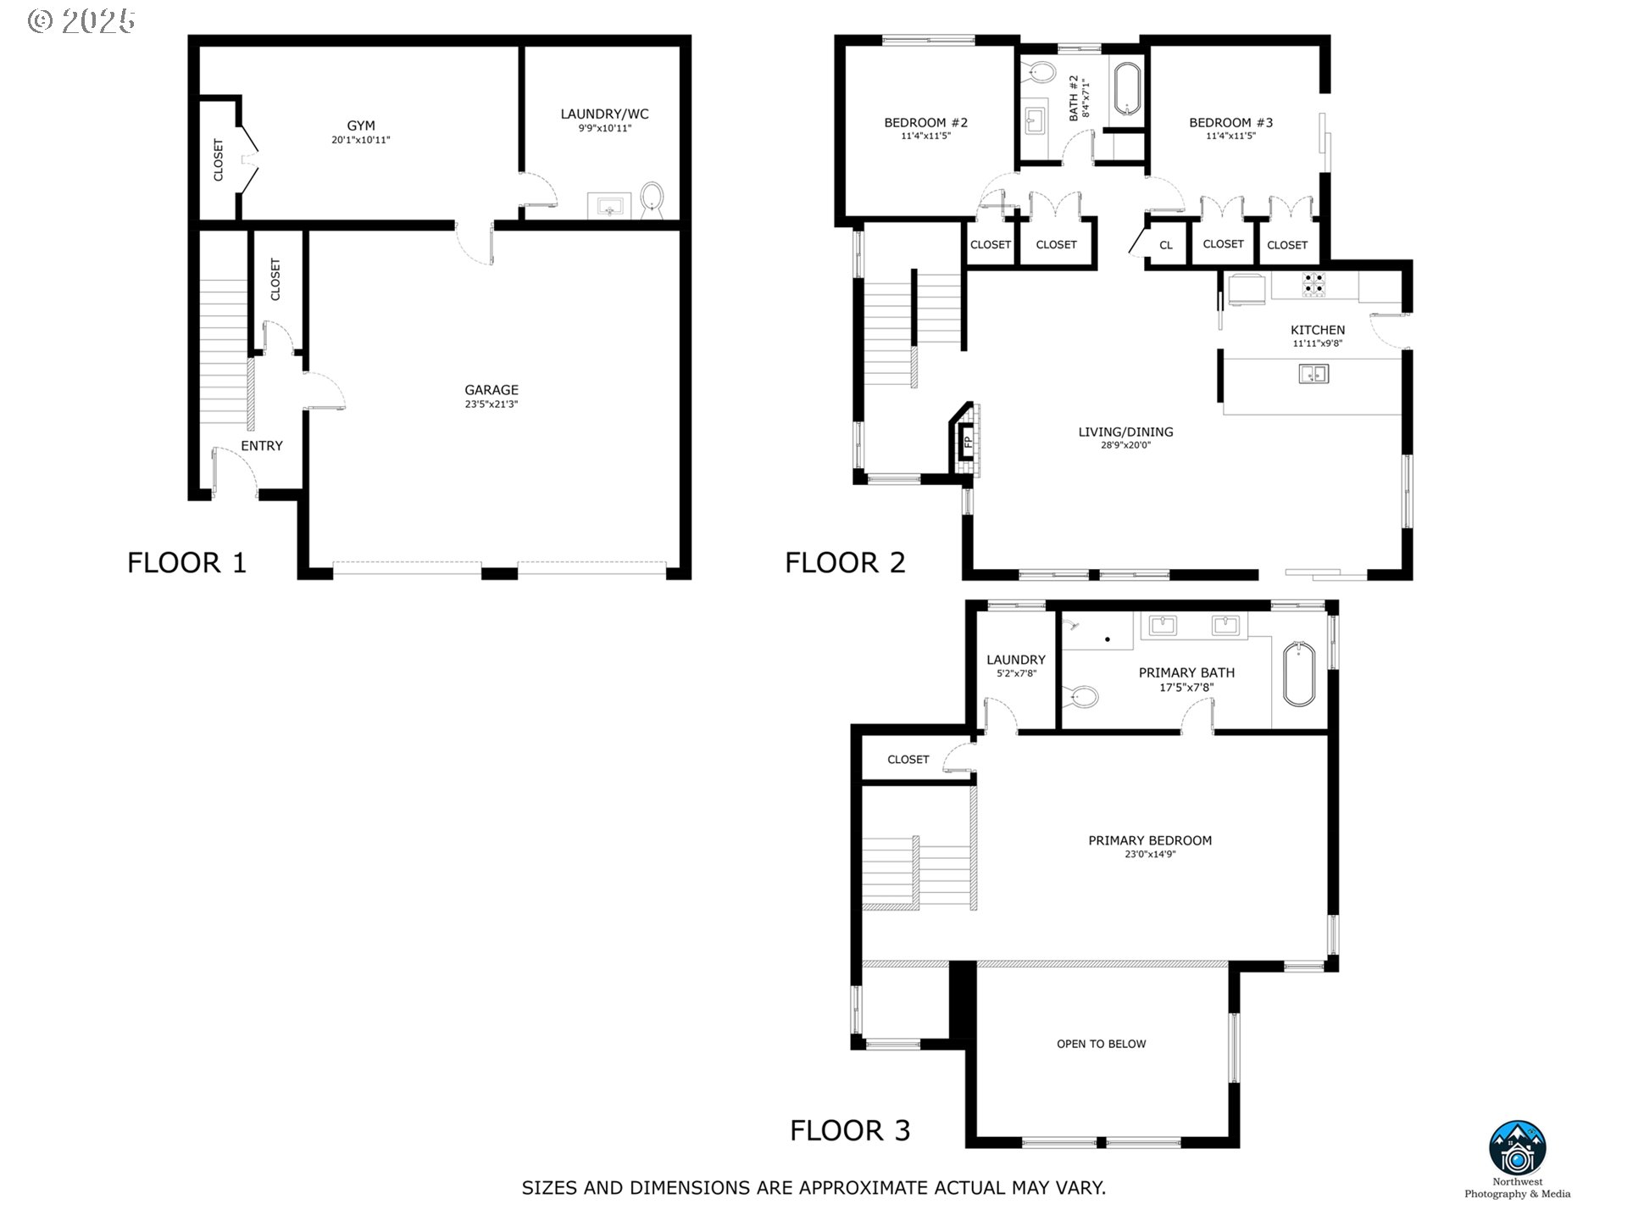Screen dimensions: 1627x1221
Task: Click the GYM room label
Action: pyautogui.click(x=361, y=125)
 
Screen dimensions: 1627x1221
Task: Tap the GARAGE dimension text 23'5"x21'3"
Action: pyautogui.click(x=491, y=404)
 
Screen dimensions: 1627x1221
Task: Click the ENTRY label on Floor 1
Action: pyautogui.click(x=262, y=446)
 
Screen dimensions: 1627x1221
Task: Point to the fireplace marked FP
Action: pyautogui.click(x=967, y=441)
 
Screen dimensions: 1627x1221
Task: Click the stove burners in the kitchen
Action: pyautogui.click(x=1313, y=284)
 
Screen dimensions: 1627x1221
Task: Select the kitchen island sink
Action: pyautogui.click(x=1313, y=373)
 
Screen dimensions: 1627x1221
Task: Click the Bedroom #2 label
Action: pyautogui.click(x=925, y=122)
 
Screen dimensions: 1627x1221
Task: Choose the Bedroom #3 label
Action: pyautogui.click(x=1230, y=122)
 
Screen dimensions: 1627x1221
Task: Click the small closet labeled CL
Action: pyautogui.click(x=1166, y=245)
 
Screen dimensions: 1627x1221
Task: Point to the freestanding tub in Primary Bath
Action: pyautogui.click(x=1298, y=675)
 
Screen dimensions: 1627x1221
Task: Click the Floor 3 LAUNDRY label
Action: pyautogui.click(x=1016, y=660)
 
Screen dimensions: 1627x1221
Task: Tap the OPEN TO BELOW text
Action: pyautogui.click(x=1101, y=1044)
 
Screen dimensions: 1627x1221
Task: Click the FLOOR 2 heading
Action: pyautogui.click(x=845, y=562)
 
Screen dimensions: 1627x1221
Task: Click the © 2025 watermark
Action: pyautogui.click(x=81, y=21)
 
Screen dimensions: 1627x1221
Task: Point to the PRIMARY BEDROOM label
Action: pyautogui.click(x=1150, y=840)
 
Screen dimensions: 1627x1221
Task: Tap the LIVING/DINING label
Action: pyautogui.click(x=1125, y=432)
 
